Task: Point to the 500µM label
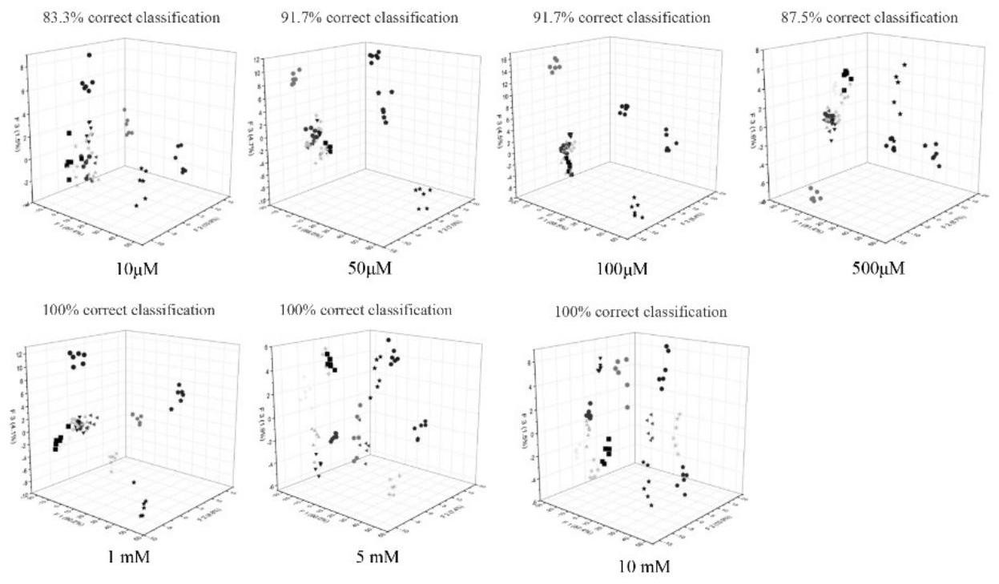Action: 878,268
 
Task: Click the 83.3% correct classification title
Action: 131,17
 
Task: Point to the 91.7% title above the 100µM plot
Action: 622,17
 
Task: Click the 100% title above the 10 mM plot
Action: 641,312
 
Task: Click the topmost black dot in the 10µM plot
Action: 90,55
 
